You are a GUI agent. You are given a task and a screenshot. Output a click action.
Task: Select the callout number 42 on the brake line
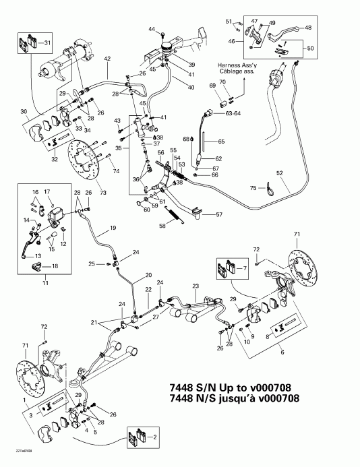pos(107,59)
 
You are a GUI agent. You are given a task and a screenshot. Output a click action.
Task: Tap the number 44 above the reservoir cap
pos(152,29)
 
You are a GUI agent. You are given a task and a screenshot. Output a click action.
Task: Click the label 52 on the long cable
pos(279,173)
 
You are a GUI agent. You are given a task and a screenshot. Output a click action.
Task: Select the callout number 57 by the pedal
pos(218,215)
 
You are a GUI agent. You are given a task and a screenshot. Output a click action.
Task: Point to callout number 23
pos(196,286)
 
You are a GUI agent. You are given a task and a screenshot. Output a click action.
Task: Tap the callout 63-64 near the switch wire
pos(234,114)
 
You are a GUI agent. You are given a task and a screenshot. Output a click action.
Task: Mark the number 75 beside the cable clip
pos(253,188)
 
